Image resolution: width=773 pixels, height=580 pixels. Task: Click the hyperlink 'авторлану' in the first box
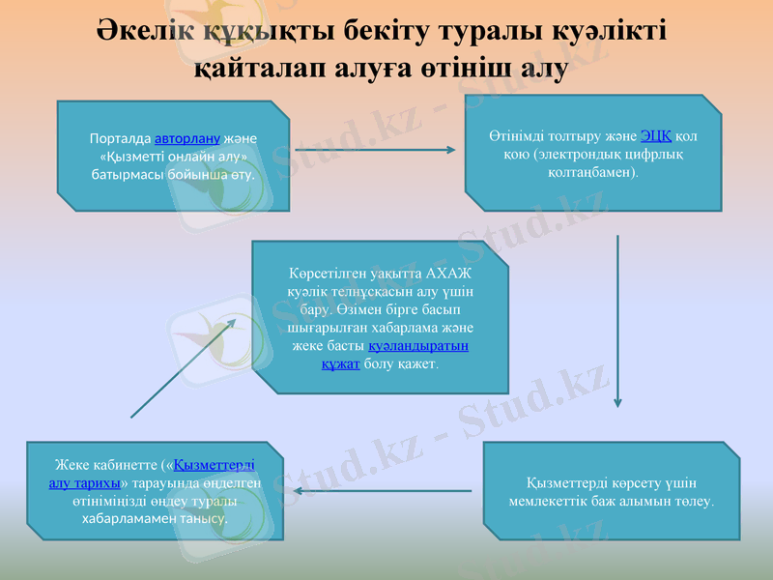click(x=187, y=138)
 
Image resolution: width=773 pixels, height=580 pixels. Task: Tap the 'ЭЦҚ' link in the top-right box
click(x=656, y=136)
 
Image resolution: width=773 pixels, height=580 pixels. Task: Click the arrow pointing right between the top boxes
click(x=375, y=150)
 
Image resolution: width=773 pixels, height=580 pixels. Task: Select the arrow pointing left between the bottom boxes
click(x=383, y=491)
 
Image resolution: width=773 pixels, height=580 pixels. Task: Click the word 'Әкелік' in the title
click(x=146, y=30)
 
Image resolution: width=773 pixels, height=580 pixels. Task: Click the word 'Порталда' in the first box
click(x=120, y=138)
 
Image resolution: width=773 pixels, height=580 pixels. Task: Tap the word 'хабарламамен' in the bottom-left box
click(x=127, y=519)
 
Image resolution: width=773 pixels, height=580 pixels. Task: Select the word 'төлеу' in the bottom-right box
click(x=693, y=502)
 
